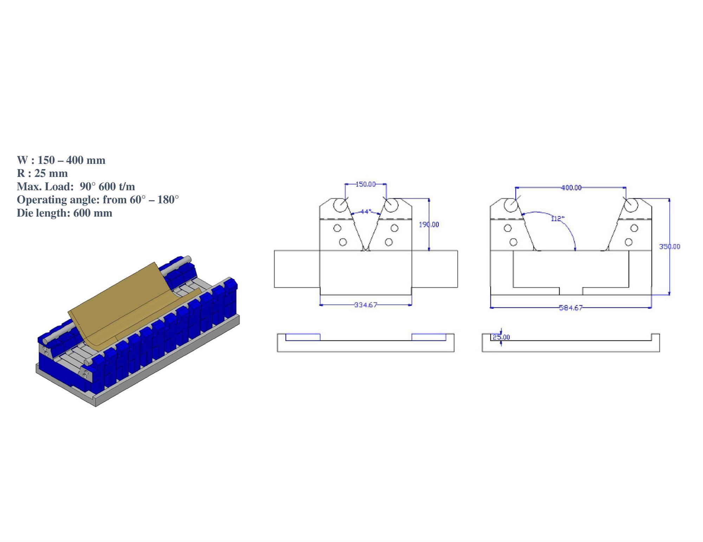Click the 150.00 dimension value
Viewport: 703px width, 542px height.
click(x=366, y=184)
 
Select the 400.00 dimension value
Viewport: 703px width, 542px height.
click(x=571, y=188)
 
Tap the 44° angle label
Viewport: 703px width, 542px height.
click(x=366, y=212)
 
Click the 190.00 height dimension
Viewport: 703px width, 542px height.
click(x=429, y=224)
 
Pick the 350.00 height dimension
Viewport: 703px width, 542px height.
click(x=670, y=247)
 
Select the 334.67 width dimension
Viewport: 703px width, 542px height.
click(x=366, y=305)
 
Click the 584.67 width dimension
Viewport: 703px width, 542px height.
click(x=571, y=308)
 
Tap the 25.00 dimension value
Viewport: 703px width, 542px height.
click(x=501, y=337)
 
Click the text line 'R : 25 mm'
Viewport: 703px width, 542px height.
click(x=42, y=173)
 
